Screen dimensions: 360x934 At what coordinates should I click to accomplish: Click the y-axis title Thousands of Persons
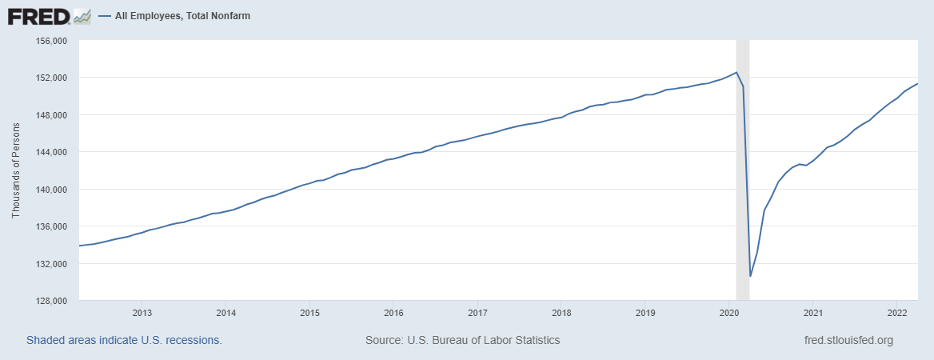tap(16, 170)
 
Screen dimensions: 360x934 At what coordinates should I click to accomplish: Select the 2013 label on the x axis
tap(142, 312)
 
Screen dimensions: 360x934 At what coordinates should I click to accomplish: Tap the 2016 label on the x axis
tap(393, 312)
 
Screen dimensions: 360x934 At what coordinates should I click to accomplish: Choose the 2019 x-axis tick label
tap(645, 312)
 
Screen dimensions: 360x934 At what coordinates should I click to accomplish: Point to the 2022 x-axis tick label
tap(896, 312)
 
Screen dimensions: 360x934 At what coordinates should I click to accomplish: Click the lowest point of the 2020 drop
tap(750, 276)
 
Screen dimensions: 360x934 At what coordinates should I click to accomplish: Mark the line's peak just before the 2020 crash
tap(736, 72)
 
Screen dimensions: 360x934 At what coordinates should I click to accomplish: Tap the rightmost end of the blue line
tap(917, 83)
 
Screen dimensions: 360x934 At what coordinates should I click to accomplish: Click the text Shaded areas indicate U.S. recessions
tap(124, 340)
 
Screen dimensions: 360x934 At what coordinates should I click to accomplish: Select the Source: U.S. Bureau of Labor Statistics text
tap(462, 340)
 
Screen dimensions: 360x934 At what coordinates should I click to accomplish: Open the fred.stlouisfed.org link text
tap(848, 340)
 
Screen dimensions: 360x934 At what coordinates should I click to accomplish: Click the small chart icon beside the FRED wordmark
tap(82, 15)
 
